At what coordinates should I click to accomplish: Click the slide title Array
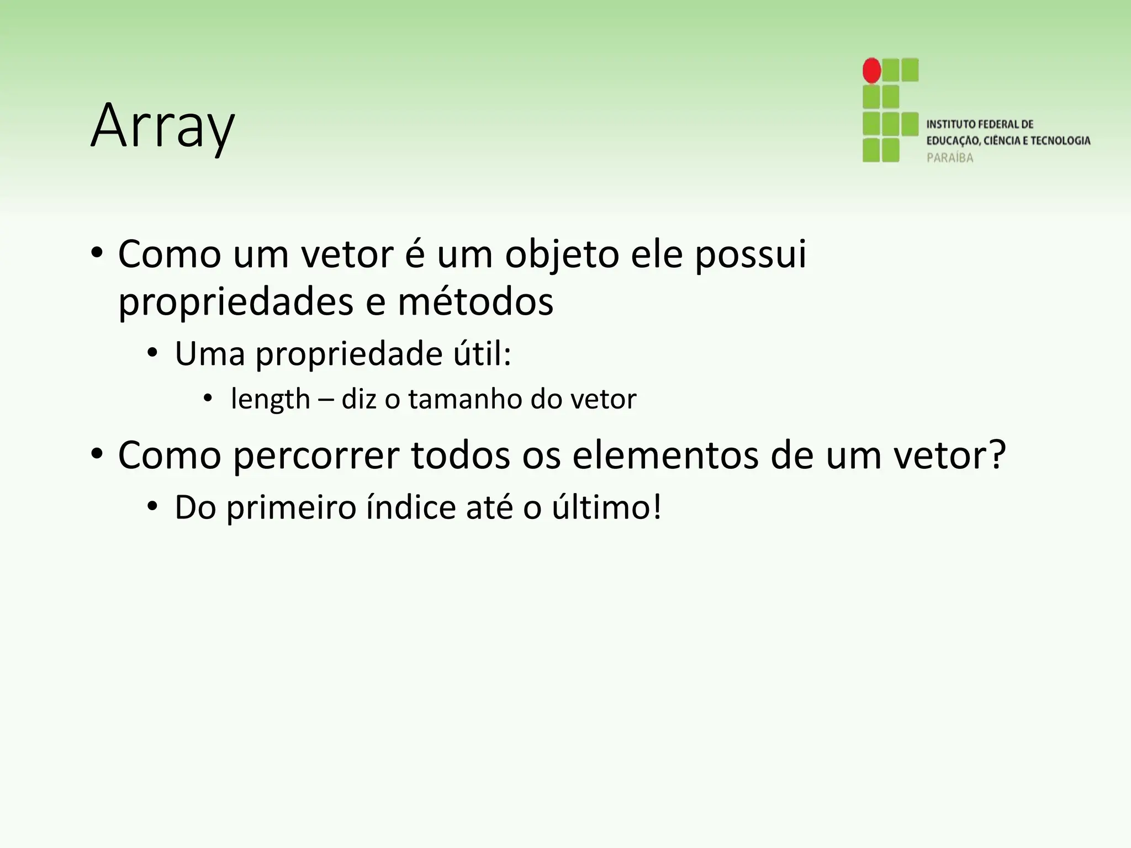click(162, 126)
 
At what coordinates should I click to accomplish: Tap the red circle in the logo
click(871, 71)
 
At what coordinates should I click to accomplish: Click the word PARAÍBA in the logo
click(950, 158)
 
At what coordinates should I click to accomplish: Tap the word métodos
click(475, 303)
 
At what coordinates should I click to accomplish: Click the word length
click(270, 399)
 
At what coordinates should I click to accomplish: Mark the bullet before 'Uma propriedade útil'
click(152, 354)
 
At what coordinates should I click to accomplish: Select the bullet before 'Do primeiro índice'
click(152, 507)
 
